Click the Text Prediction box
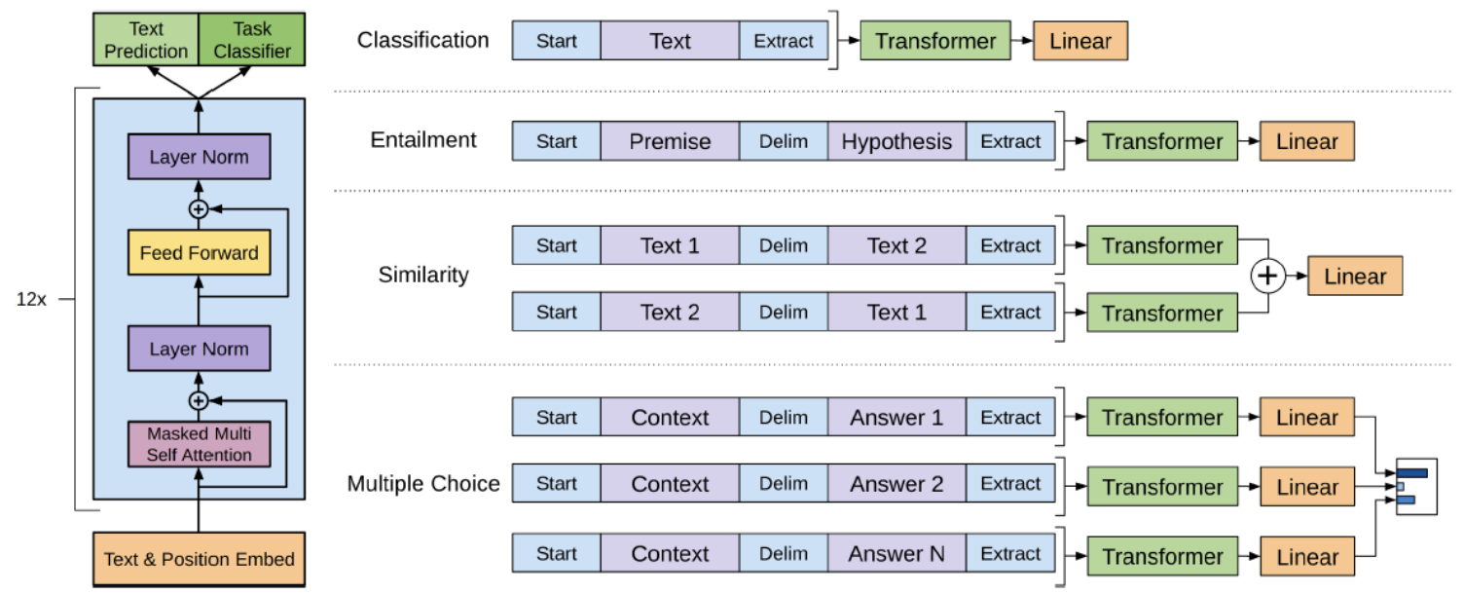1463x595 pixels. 146,39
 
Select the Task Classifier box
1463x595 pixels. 252,39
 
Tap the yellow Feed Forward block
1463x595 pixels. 200,252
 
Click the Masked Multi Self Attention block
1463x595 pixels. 200,444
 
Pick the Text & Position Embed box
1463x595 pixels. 200,559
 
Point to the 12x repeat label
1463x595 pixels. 31,299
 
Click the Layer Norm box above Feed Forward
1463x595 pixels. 200,157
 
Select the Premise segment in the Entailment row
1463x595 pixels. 670,141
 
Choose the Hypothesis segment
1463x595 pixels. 896,141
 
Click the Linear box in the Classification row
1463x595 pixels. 1080,41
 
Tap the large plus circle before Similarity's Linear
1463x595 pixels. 1267,276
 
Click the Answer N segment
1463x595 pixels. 896,553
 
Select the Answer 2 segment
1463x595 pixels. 896,483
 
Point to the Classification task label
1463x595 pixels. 422,40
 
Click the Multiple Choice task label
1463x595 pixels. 423,483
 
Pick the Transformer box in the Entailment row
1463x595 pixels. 1162,141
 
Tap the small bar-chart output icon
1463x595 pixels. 1416,487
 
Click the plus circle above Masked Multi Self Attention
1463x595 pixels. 199,400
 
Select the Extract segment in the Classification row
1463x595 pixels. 784,41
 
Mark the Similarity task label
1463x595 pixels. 423,275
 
